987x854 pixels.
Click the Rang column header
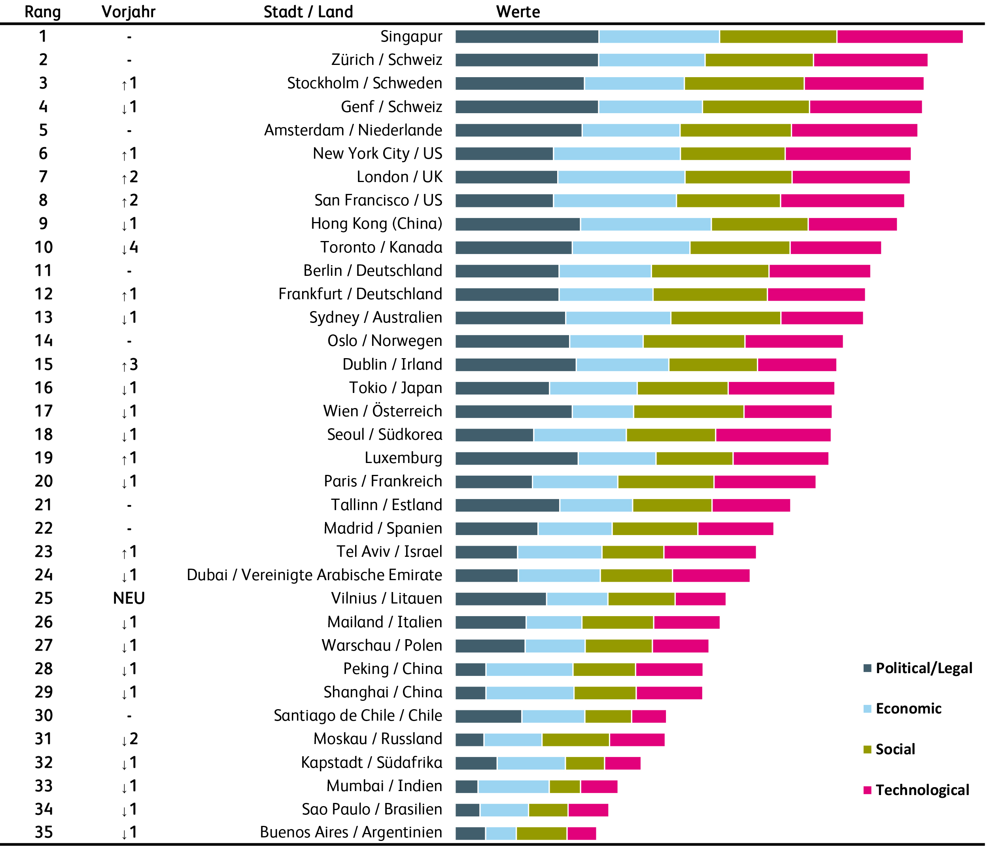42,12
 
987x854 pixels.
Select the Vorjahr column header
129,12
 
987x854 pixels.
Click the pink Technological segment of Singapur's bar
900,37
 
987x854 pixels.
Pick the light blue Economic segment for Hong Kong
645,224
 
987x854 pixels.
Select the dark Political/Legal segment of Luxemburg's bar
516,458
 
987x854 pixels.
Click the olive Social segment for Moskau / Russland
575,740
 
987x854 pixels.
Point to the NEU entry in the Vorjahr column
129,598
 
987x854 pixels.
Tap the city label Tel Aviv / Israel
389,552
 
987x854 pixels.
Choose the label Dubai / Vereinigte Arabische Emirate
314,575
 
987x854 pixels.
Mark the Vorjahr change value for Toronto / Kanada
130,247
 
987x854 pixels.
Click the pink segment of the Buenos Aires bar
582,833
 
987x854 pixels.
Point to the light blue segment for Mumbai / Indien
514,786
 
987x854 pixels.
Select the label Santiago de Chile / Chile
358,716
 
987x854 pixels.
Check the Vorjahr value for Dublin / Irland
130,365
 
